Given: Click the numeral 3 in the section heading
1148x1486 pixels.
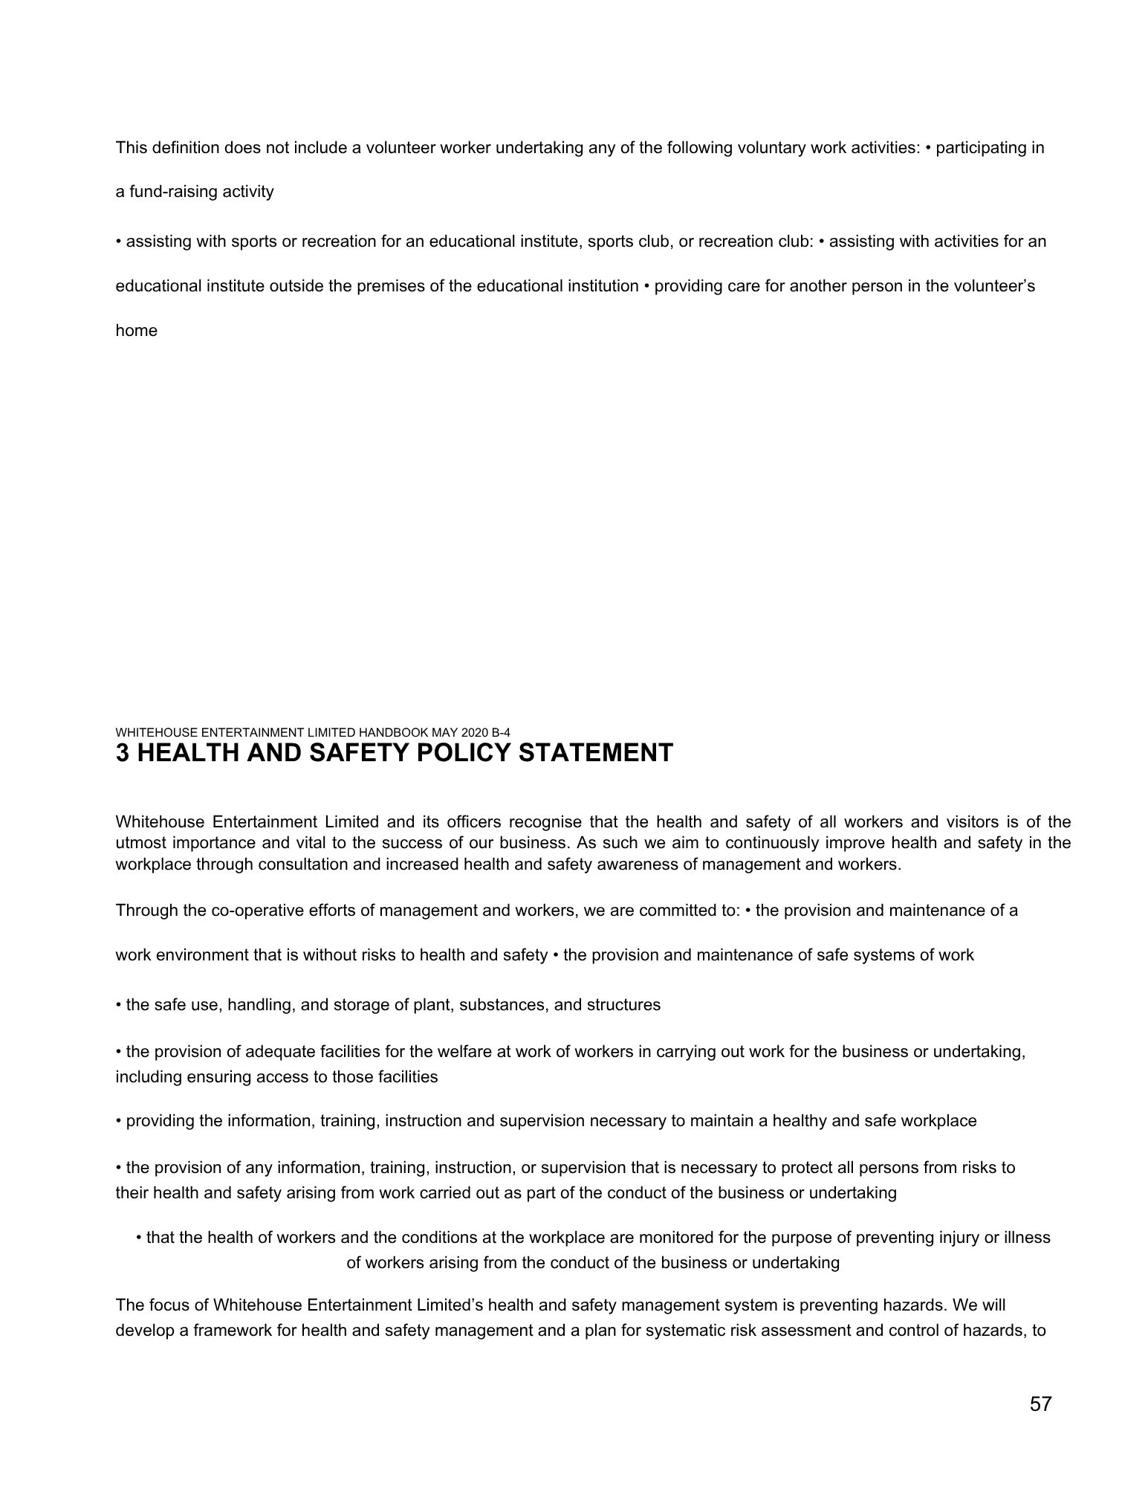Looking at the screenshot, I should tap(123, 753).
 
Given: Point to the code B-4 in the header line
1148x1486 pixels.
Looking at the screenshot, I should tap(502, 732).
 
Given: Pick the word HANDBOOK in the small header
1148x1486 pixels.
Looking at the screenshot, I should tap(411, 732).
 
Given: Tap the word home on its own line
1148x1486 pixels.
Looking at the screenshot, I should tap(137, 331).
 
